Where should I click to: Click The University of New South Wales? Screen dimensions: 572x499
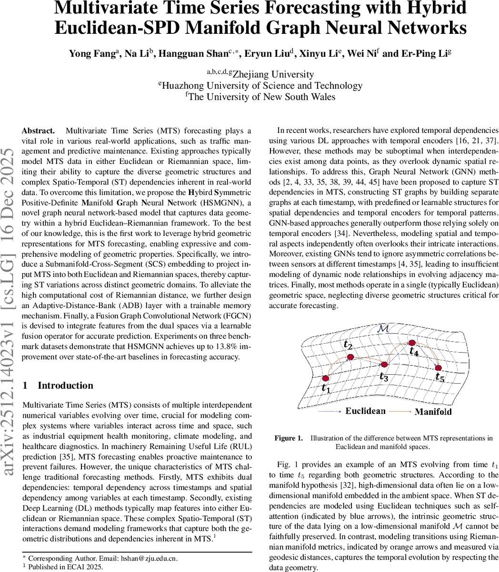click(x=262, y=97)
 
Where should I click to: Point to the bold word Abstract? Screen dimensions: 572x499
click(x=38, y=131)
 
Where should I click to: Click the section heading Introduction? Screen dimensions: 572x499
click(x=65, y=385)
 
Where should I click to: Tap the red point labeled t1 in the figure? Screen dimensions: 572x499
click(x=326, y=378)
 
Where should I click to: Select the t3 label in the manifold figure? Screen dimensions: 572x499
click(x=384, y=377)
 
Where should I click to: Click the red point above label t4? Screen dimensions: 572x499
click(x=412, y=343)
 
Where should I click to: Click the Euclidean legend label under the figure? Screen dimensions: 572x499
click(x=365, y=411)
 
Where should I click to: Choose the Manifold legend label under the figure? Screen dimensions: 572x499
click(x=433, y=411)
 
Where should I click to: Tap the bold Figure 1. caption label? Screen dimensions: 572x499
click(x=288, y=438)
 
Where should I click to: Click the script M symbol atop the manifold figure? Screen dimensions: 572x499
click(x=382, y=329)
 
